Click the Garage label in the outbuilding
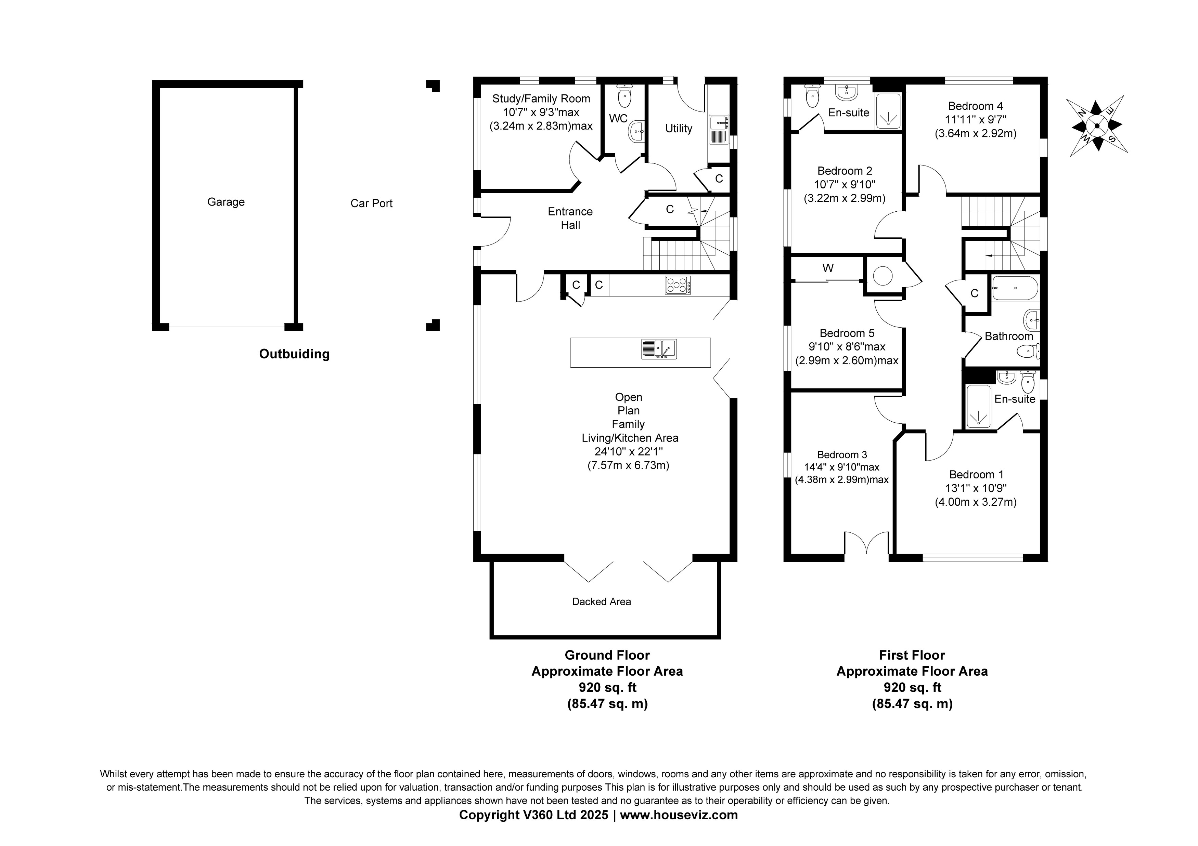pos(226,202)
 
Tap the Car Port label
pos(371,203)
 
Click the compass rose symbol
pos(1096,126)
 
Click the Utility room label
pos(678,128)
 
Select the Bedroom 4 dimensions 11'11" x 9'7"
pos(975,119)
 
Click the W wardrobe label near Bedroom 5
pos(827,268)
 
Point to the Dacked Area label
pos(601,602)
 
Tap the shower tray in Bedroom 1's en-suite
pos(978,407)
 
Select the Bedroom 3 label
pos(842,454)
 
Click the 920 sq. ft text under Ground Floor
pos(607,687)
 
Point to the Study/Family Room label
pos(541,98)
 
